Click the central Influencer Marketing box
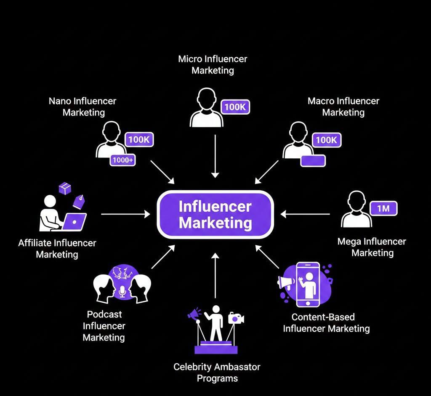(x=215, y=214)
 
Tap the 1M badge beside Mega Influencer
(x=383, y=208)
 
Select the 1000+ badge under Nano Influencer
(x=122, y=160)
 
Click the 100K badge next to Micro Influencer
(x=235, y=107)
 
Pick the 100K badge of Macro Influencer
(x=326, y=140)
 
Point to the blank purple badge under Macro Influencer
(x=312, y=161)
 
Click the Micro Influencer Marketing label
(x=213, y=64)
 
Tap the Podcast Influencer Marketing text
(x=104, y=325)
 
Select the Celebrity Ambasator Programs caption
(x=217, y=372)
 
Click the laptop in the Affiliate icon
(x=74, y=221)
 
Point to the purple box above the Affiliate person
(x=65, y=189)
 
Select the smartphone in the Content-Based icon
(x=307, y=284)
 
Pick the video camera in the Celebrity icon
(x=236, y=318)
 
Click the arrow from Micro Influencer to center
(x=215, y=155)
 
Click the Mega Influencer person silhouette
(x=357, y=210)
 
